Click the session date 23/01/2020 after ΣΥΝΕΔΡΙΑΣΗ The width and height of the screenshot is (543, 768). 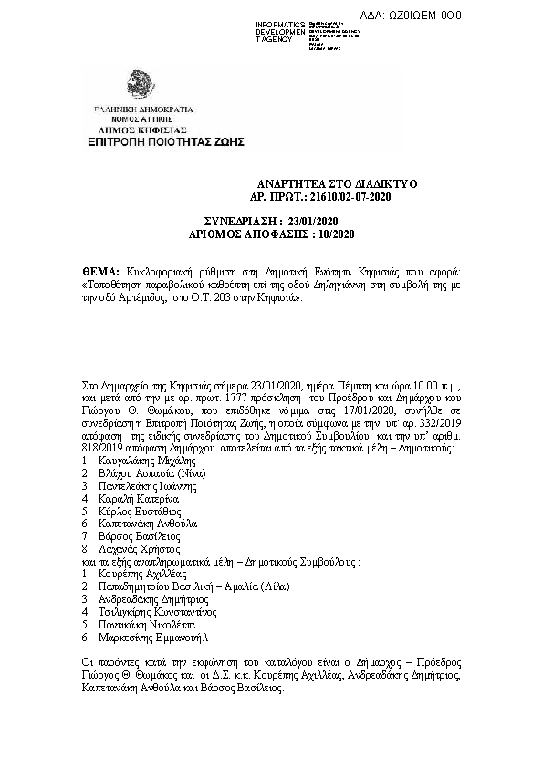point(312,223)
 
